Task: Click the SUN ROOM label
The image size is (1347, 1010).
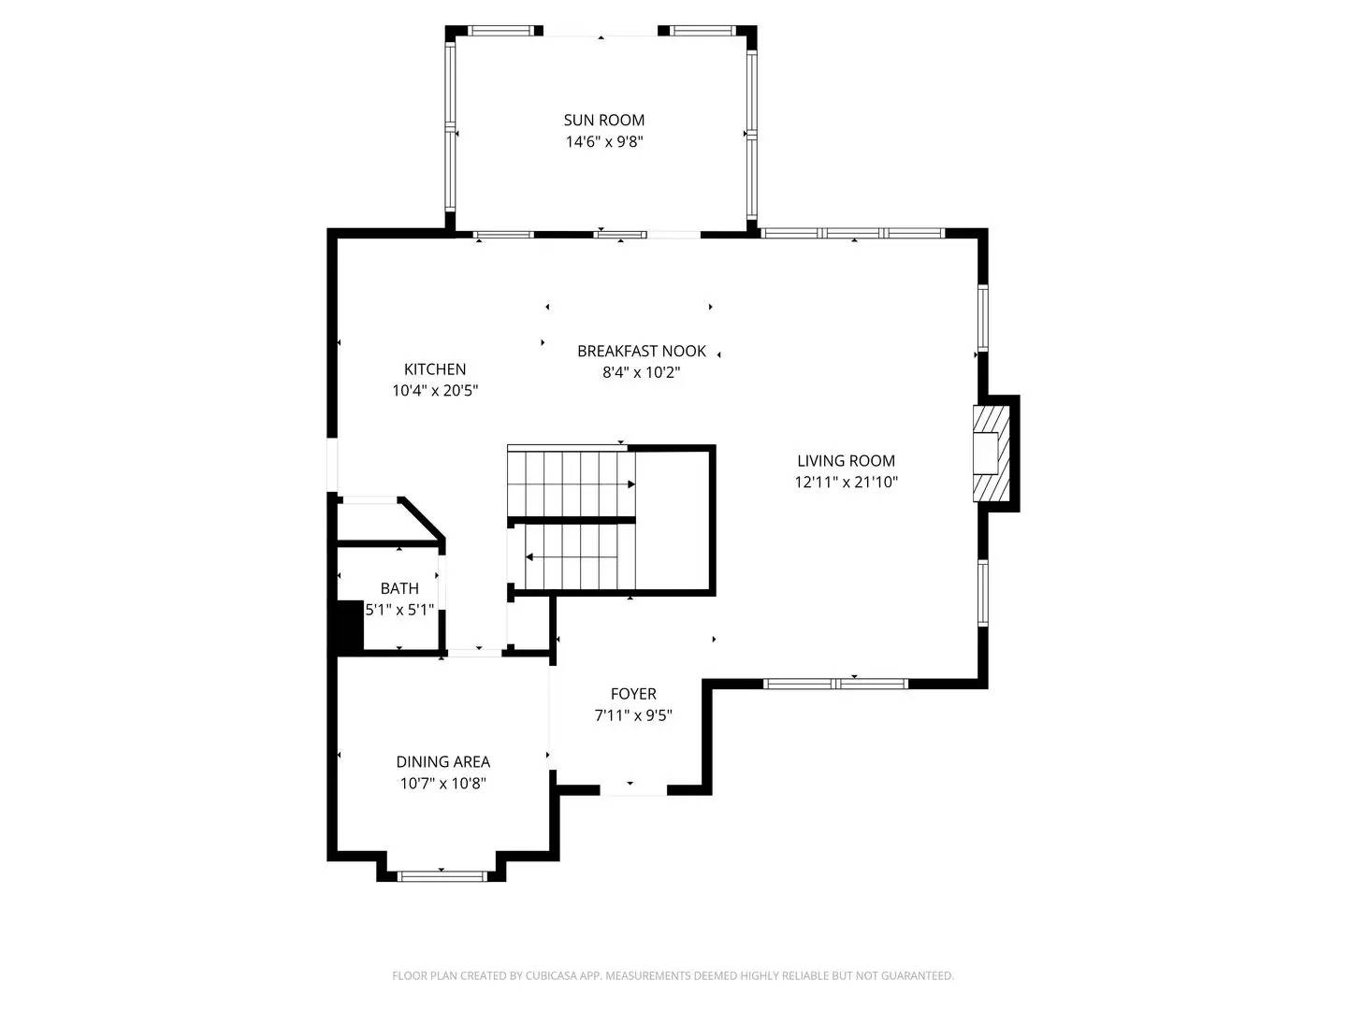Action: tap(603, 120)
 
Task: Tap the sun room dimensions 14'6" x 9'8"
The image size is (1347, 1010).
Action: tap(603, 142)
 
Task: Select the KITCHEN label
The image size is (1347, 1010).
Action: tap(435, 369)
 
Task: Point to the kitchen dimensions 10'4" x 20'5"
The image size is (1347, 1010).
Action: tap(435, 391)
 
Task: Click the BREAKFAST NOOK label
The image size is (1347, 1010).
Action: tap(642, 351)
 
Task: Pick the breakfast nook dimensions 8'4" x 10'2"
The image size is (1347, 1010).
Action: tap(642, 372)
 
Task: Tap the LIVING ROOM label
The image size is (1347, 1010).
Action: tap(846, 460)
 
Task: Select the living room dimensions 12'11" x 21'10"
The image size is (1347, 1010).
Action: tap(846, 483)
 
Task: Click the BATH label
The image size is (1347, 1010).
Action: tap(399, 588)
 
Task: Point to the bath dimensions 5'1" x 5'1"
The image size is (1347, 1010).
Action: tap(399, 610)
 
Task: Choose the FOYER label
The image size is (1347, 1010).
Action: tap(633, 694)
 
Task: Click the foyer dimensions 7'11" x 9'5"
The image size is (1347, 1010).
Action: tap(633, 715)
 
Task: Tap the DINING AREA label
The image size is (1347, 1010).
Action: tap(442, 762)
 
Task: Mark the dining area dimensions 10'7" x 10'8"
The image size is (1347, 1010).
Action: tap(442, 784)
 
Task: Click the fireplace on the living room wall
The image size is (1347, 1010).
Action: tap(990, 454)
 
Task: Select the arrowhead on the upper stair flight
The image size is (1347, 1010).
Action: tap(631, 484)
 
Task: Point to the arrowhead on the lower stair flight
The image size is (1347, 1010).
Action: tap(529, 557)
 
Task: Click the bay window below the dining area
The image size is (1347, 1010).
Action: tap(442, 875)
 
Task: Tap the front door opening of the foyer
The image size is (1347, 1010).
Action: tap(632, 790)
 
